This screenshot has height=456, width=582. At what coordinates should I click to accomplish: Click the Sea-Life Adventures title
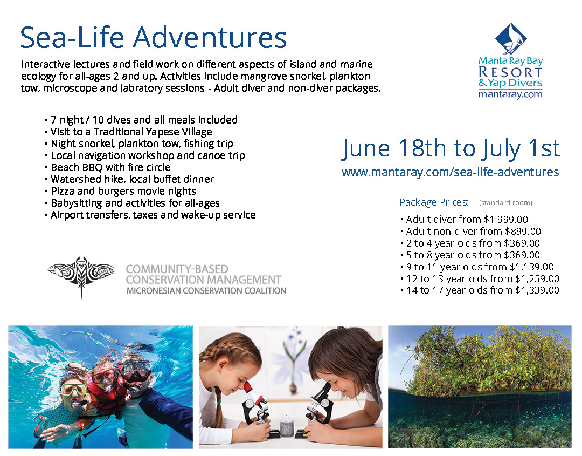click(x=154, y=38)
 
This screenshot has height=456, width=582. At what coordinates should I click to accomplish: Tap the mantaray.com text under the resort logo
click(x=510, y=94)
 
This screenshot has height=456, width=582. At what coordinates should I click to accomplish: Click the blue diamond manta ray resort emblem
click(x=510, y=38)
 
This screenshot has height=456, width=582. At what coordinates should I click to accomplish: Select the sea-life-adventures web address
click(x=450, y=173)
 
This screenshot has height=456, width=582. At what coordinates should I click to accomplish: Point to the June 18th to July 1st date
click(x=451, y=148)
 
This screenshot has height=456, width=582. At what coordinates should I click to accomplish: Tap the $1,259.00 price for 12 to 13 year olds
click(x=537, y=279)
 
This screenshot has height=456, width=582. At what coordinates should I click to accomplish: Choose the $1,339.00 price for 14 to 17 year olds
click(x=537, y=291)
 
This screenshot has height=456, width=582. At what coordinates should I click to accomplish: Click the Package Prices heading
click(x=434, y=202)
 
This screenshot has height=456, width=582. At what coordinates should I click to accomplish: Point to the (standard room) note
click(x=505, y=203)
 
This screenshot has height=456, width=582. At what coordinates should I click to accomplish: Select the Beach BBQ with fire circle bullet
click(x=110, y=167)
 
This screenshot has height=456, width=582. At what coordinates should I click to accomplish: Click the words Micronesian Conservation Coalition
click(x=206, y=291)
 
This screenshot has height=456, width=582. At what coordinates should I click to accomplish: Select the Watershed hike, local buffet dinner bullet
click(x=132, y=179)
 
